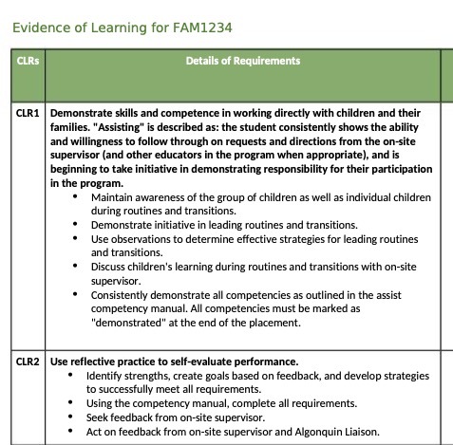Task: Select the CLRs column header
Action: click(x=28, y=62)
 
